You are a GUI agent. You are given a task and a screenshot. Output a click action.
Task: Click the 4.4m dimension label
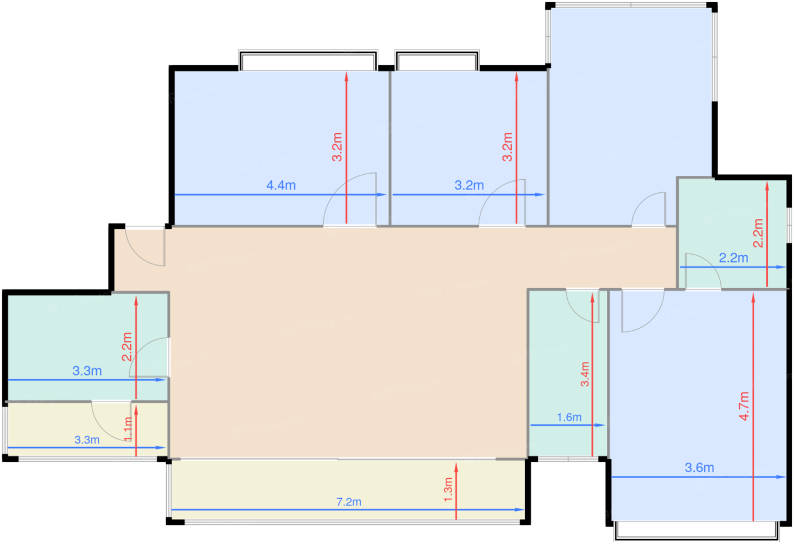[x=281, y=185]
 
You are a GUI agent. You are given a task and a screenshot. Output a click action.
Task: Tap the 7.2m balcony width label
[x=349, y=502]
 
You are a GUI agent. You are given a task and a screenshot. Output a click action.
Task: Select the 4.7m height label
[x=744, y=406]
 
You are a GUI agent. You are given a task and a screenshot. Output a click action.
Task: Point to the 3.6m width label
[x=699, y=467]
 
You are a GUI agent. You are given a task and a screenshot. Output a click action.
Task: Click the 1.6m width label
[x=569, y=417]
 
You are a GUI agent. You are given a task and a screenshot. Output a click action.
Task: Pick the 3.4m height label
[x=585, y=374]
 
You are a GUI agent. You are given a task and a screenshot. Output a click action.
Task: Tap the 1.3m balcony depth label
[x=448, y=490]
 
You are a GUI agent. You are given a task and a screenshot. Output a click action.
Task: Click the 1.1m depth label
[x=128, y=429]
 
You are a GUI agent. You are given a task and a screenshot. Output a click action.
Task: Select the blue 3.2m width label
[x=469, y=185]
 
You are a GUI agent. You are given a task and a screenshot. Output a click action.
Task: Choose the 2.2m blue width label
[x=733, y=258]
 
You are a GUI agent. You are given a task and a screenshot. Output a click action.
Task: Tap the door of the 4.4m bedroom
[x=349, y=199]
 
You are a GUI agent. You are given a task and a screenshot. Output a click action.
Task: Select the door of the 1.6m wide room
[x=582, y=306]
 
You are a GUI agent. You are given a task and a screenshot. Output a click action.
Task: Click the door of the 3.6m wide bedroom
[x=642, y=311]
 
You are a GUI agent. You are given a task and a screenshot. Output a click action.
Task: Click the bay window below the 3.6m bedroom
[x=697, y=530]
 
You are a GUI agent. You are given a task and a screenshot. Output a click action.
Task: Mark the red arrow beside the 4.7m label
[x=753, y=407]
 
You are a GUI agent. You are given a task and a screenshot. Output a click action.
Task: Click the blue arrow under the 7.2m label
[x=348, y=509]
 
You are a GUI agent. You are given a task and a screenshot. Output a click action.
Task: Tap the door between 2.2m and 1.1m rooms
[x=111, y=421]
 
